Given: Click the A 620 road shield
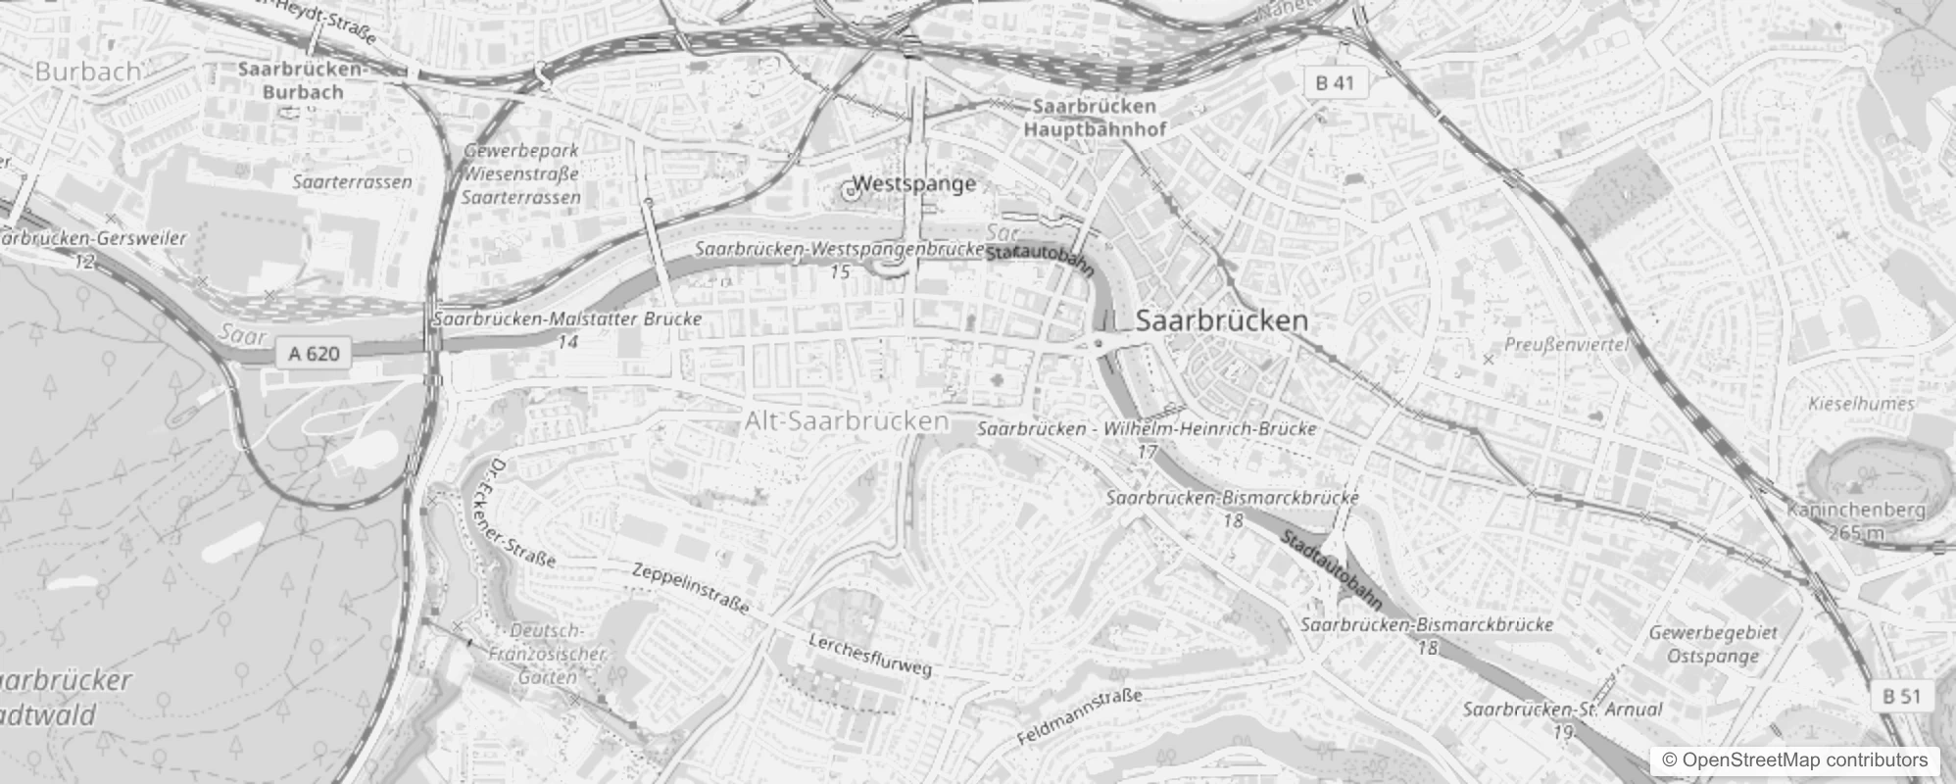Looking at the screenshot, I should pos(314,354).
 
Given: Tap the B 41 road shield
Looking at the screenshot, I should pos(1335,83).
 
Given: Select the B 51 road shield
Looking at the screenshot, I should pos(1902,697).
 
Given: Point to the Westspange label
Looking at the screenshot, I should pos(914,184).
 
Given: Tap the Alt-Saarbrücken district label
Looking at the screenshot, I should pos(847,421).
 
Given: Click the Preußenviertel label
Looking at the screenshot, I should pos(1565,345).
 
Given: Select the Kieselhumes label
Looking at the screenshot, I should pos(1861,404).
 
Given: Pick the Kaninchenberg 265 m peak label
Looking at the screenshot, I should pos(1855,520).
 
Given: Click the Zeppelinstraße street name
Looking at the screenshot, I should pos(690,588).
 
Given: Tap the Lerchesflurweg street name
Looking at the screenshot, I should pos(869,655).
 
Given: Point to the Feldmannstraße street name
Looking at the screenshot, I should pos(1080,716).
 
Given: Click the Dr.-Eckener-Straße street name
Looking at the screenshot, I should pos(522,513).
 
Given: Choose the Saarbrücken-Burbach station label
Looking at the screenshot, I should pos(303,81).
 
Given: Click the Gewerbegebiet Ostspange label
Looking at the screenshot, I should pos(1712,644).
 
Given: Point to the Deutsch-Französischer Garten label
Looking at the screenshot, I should pos(547,654).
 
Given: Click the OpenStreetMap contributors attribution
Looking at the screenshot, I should pos(1792,760).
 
